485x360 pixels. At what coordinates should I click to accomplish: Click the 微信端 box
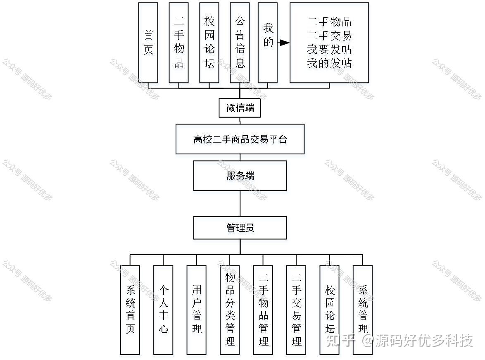pyautogui.click(x=240, y=108)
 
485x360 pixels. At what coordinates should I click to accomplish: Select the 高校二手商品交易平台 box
pyautogui.click(x=240, y=139)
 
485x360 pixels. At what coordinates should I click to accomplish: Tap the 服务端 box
pyautogui.click(x=240, y=176)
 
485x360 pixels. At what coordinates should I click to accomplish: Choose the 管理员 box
pyautogui.click(x=240, y=228)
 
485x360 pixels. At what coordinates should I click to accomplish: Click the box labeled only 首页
pyautogui.click(x=148, y=43)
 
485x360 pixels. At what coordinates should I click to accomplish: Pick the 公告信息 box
pyautogui.click(x=240, y=43)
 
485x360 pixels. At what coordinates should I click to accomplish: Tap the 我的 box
pyautogui.click(x=268, y=43)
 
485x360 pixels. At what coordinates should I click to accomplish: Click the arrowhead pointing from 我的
pyautogui.click(x=284, y=43)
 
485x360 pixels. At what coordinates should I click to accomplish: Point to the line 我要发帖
pyautogui.click(x=329, y=50)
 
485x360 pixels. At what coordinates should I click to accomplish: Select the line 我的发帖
pyautogui.click(x=329, y=63)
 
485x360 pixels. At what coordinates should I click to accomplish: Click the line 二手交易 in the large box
pyautogui.click(x=329, y=36)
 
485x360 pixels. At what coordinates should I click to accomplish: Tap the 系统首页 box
pyautogui.click(x=130, y=310)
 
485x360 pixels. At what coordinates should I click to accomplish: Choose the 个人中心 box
pyautogui.click(x=163, y=310)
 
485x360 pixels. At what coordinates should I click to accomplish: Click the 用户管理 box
pyautogui.click(x=196, y=310)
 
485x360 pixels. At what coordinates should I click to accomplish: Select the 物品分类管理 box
pyautogui.click(x=230, y=310)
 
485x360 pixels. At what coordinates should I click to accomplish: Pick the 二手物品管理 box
pyautogui.click(x=263, y=310)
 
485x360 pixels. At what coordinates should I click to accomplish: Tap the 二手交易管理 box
pyautogui.click(x=296, y=310)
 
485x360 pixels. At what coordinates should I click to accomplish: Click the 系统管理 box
pyautogui.click(x=363, y=310)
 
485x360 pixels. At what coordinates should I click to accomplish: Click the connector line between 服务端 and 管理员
pyautogui.click(x=240, y=204)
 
